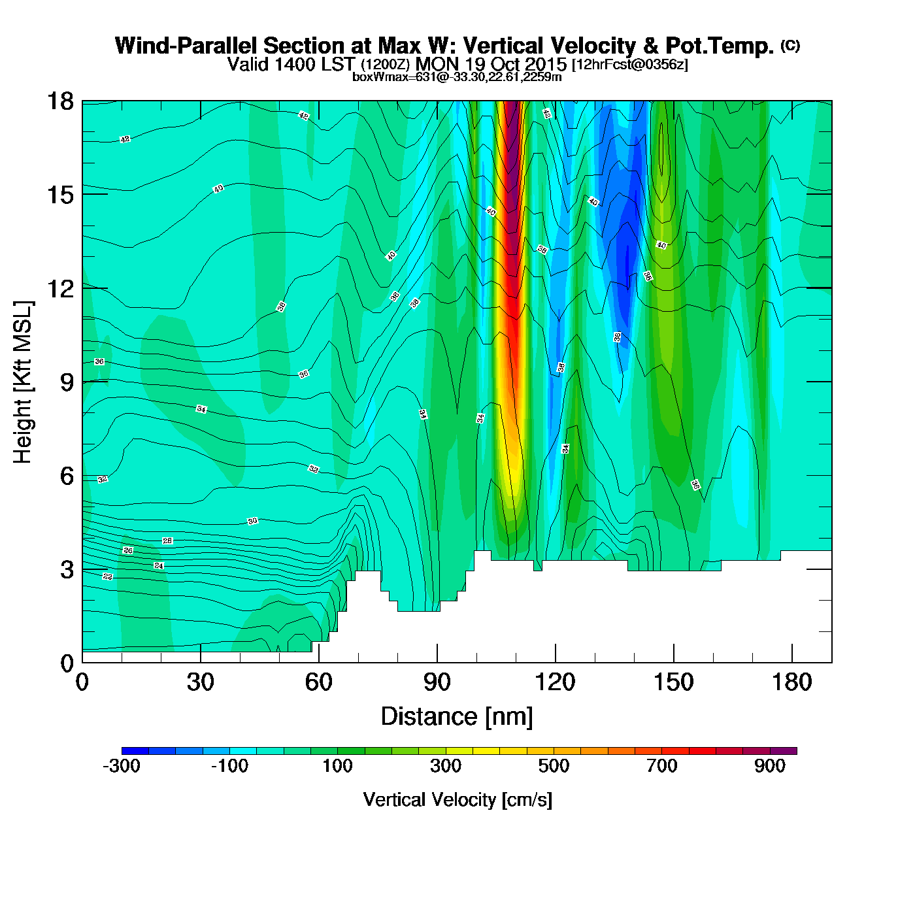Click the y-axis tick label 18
tap(60, 101)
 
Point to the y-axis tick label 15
tap(60, 195)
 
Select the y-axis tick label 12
tap(60, 288)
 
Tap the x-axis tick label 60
tap(318, 682)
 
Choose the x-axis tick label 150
tap(673, 682)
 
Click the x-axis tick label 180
tap(791, 682)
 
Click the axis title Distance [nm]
tap(457, 716)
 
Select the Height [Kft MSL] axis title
tap(23, 382)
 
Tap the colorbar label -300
tap(122, 766)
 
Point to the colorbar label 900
tap(770, 766)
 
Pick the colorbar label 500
tap(554, 766)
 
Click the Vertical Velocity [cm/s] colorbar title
tap(457, 799)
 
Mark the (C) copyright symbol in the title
tap(790, 45)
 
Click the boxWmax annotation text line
tap(457, 76)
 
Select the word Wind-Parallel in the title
tap(186, 46)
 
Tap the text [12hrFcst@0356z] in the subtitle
tap(629, 65)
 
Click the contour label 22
tap(108, 576)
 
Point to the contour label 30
tap(252, 521)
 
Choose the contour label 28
tap(167, 541)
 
